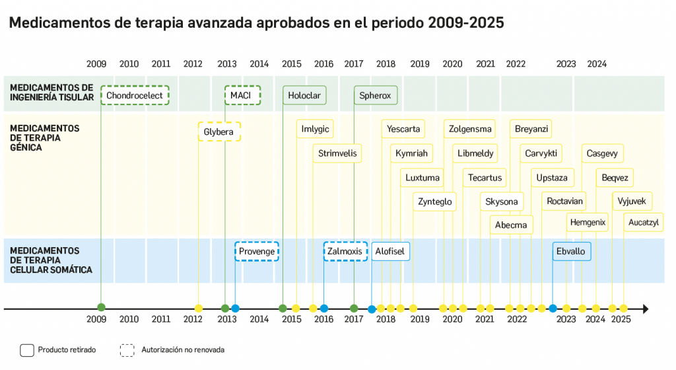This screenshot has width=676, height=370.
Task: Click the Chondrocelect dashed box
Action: [x=135, y=96]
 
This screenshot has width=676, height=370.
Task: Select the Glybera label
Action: [x=219, y=132]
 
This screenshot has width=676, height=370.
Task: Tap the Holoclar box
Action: [x=304, y=96]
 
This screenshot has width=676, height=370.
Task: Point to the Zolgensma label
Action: [x=469, y=129]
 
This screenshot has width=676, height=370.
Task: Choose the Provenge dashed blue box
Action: [x=257, y=252]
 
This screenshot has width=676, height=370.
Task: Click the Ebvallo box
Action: [x=571, y=252]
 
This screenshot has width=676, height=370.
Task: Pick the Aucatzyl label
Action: [x=643, y=223]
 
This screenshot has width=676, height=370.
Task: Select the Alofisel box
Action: [x=390, y=252]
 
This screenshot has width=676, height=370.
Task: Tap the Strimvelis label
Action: [x=337, y=153]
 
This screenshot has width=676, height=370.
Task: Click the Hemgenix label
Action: [x=587, y=223]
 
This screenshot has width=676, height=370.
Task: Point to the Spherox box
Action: [x=375, y=96]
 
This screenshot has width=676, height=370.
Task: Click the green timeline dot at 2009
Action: [x=101, y=308]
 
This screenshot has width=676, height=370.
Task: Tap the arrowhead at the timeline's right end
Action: [x=645, y=309]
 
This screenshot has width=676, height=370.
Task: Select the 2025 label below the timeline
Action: [x=621, y=320]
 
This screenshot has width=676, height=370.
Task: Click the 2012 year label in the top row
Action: [x=193, y=64]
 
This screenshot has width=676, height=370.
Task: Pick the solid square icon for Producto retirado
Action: [x=27, y=350]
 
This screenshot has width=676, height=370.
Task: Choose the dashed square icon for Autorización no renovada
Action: [x=127, y=350]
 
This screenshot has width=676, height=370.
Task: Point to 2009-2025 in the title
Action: [x=466, y=23]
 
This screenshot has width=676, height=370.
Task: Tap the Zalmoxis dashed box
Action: [x=345, y=252]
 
